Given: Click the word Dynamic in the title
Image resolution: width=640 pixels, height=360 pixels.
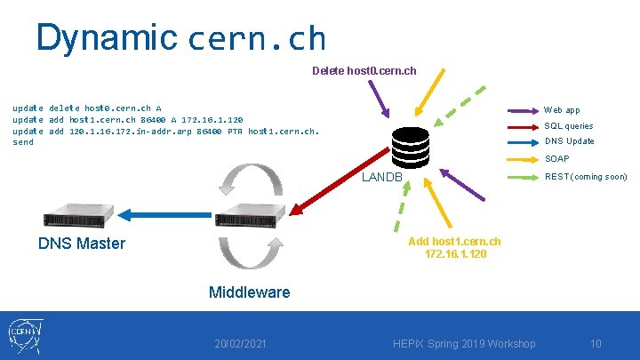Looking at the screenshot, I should click(107, 37).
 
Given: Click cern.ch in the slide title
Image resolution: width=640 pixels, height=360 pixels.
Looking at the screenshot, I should click(257, 39).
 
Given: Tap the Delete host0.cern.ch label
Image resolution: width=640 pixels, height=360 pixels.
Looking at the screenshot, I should click(364, 70).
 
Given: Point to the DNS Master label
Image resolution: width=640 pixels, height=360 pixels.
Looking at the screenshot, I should click(82, 244).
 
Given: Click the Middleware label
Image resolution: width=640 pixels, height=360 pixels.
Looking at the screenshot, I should click(249, 292).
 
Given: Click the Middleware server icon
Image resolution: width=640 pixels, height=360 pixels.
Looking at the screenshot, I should click(250, 214).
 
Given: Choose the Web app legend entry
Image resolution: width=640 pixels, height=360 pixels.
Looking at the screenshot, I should click(562, 110).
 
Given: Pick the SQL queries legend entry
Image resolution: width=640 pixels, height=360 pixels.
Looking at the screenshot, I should click(568, 126).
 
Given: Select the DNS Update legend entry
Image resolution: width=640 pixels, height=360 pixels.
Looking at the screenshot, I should click(569, 141).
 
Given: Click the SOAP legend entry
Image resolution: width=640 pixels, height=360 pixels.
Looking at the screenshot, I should click(557, 159).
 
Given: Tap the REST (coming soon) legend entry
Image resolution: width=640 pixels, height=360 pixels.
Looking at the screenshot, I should click(585, 177).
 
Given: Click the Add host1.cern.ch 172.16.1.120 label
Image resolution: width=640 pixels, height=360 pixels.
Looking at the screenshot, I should click(454, 248).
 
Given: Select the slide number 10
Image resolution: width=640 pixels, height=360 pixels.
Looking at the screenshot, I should click(596, 344).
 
